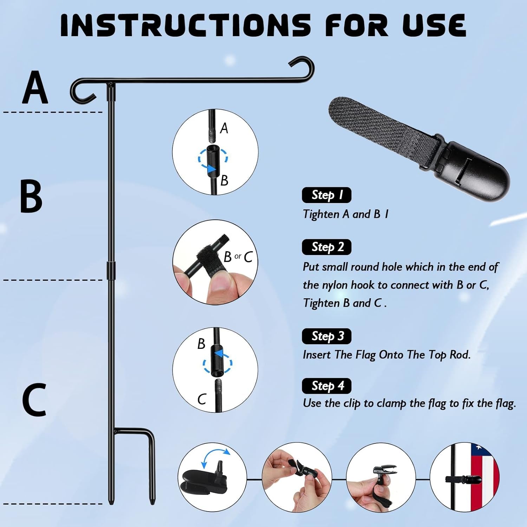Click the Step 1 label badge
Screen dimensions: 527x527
pyautogui.click(x=326, y=195)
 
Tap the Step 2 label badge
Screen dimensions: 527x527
pyautogui.click(x=326, y=247)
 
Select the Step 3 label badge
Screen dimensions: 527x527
pyautogui.click(x=326, y=336)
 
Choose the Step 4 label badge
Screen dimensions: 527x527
pyautogui.click(x=326, y=386)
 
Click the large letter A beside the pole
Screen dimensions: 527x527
pyautogui.click(x=35, y=87)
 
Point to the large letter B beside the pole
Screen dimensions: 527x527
pyautogui.click(x=31, y=196)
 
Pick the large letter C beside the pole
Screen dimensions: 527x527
pyautogui.click(x=34, y=399)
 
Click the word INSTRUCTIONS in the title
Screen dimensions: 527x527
pyautogui.click(x=186, y=26)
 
